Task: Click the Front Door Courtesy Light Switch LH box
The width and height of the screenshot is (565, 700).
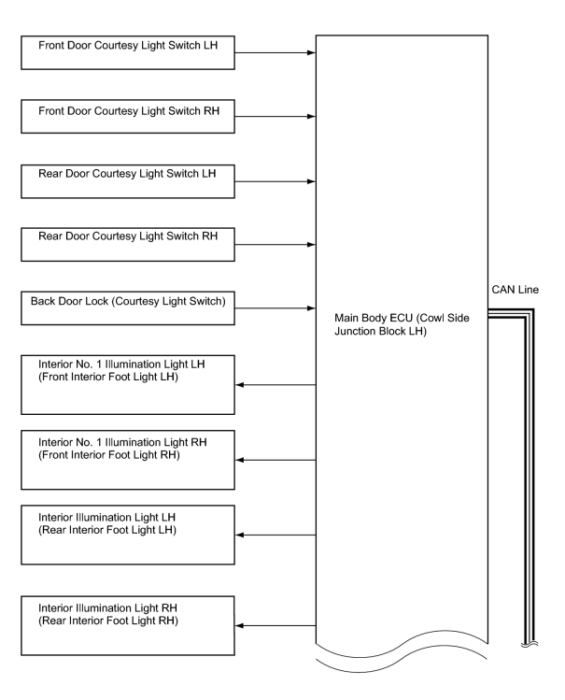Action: coord(128,52)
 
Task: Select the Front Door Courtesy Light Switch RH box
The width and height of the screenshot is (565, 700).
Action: coord(128,117)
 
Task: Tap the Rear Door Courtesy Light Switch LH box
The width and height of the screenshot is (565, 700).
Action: coord(128,181)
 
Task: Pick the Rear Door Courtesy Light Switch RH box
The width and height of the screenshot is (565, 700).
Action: coord(128,245)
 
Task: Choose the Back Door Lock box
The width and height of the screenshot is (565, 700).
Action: coord(128,308)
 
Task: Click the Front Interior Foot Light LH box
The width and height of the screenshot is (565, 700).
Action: coord(128,385)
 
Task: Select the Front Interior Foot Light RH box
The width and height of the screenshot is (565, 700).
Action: coord(128,460)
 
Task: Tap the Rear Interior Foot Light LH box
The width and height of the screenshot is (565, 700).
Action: coord(128,535)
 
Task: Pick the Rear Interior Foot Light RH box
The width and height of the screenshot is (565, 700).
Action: coord(128,626)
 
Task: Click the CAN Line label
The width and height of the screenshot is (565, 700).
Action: coord(516,290)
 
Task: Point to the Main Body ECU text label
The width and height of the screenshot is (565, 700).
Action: coord(402,324)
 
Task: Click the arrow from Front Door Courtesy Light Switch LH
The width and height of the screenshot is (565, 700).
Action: coord(275,52)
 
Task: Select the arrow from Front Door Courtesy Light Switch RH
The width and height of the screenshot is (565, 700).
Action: coord(275,117)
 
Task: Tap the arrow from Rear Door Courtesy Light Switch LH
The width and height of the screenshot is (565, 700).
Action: coord(275,181)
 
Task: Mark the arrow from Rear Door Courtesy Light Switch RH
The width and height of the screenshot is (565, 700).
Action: coord(275,245)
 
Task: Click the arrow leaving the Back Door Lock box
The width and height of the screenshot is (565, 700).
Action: coord(275,308)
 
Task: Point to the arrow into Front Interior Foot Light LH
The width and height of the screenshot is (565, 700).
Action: coord(275,385)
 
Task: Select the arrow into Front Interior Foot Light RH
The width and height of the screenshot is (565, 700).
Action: coord(275,460)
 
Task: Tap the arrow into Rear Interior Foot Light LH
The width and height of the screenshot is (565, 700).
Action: coord(275,535)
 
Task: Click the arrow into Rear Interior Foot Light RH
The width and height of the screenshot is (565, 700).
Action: coord(275,626)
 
